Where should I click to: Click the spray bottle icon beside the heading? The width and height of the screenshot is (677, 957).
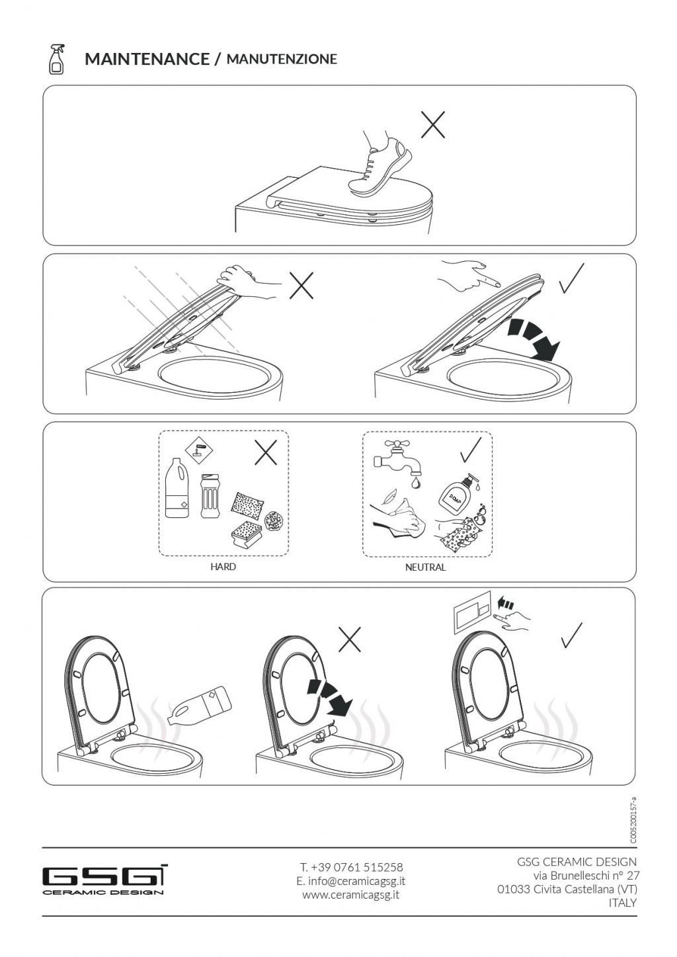coord(56,59)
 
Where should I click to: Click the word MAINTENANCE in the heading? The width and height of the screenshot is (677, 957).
coord(147,59)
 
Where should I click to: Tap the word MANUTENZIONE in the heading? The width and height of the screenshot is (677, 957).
coord(282,59)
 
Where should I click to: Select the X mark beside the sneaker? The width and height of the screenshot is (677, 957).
coord(432,125)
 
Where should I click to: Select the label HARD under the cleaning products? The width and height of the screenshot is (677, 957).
coord(223,567)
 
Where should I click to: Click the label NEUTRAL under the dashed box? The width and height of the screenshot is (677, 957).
coord(425,567)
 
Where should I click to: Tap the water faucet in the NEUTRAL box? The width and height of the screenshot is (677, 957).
coord(397,460)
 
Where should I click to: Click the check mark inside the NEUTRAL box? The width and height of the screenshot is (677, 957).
coord(471,450)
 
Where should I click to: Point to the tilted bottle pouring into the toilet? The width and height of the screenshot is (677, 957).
coord(199,706)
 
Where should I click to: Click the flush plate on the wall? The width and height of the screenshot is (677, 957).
coord(471,616)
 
